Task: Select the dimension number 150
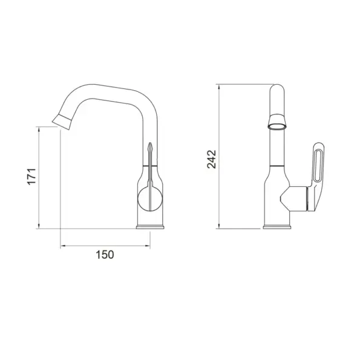tap(105, 255)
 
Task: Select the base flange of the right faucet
tap(279, 228)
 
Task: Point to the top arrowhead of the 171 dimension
tap(39, 129)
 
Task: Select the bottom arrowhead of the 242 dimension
tap(220, 226)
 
